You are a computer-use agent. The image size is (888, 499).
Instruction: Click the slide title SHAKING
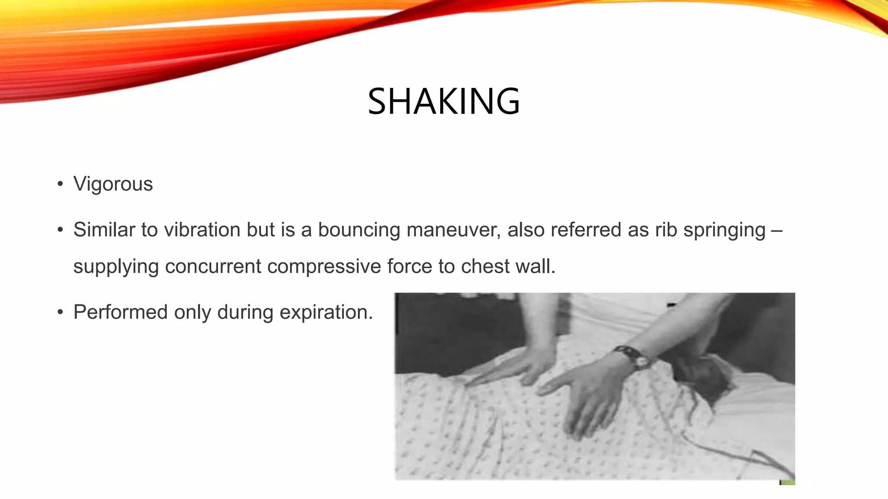pyautogui.click(x=444, y=101)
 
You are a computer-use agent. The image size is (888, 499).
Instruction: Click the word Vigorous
pyautogui.click(x=113, y=184)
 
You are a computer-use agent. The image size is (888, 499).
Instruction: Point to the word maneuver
pyautogui.click(x=453, y=230)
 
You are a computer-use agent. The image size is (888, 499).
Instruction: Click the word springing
pyautogui.click(x=724, y=230)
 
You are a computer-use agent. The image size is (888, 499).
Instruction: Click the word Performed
pyautogui.click(x=121, y=312)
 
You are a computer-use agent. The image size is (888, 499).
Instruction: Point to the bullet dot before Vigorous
pyautogui.click(x=60, y=184)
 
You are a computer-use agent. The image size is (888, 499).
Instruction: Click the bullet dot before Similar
pyautogui.click(x=60, y=230)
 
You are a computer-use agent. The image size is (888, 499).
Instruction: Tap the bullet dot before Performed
pyautogui.click(x=60, y=312)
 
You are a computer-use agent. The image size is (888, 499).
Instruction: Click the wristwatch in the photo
pyautogui.click(x=634, y=357)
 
